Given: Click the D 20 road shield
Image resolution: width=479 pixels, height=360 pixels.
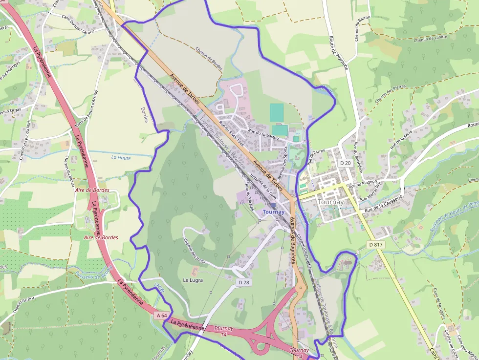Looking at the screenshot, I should (345, 163).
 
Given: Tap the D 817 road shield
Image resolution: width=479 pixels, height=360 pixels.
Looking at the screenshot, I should (376, 244).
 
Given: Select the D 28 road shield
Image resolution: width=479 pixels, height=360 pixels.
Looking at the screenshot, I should (244, 283).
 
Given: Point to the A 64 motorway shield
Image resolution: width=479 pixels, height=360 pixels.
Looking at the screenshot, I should (163, 316).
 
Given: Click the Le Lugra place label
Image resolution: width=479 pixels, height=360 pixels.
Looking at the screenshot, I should (193, 280).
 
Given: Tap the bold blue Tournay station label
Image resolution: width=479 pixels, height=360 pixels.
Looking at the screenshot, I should (273, 212).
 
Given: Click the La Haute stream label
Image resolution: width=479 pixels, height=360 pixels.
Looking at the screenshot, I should (121, 157).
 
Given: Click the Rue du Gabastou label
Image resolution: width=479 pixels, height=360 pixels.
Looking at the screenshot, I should (263, 134).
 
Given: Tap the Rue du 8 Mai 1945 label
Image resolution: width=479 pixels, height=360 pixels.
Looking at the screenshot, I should (231, 133).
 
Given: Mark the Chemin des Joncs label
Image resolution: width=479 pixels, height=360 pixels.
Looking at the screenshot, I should (194, 250).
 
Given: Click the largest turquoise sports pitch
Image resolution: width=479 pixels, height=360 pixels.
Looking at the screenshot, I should (276, 113).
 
